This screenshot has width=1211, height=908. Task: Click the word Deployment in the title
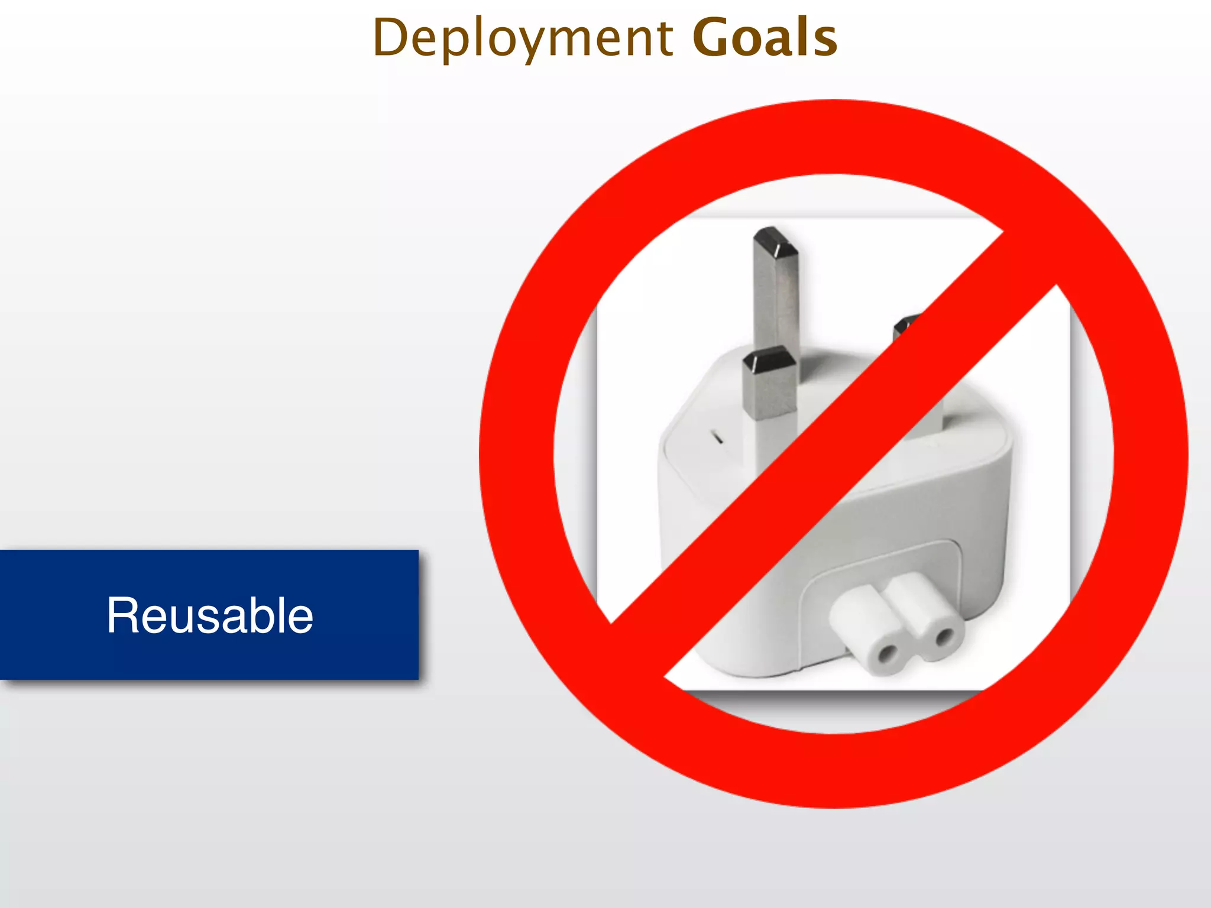coord(523,38)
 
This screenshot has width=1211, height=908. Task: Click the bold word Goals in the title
coord(764,38)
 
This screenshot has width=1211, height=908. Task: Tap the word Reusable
coord(209,615)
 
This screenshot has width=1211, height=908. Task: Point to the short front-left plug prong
coord(769,384)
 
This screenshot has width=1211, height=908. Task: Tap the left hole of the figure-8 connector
coord(887,654)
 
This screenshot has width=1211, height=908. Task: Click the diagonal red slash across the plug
coord(834,455)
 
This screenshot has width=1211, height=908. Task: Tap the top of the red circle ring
coord(834,136)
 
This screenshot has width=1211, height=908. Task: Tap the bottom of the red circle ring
coord(834,771)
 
